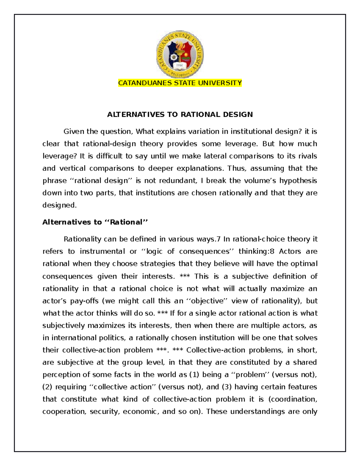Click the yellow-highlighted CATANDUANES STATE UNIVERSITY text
click(x=180, y=83)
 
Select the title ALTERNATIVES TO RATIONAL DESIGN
click(x=180, y=114)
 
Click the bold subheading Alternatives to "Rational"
click(x=95, y=222)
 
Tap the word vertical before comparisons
click(x=73, y=168)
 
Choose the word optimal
click(x=303, y=264)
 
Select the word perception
click(x=60, y=375)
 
